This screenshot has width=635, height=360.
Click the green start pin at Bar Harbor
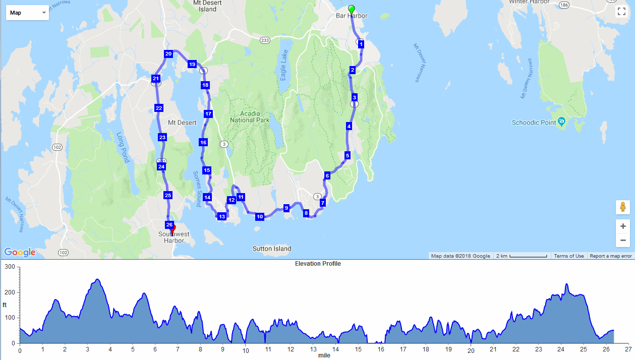coord(352,10)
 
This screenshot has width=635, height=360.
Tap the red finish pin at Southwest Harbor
coord(172,229)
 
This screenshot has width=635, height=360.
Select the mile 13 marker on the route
coord(221,217)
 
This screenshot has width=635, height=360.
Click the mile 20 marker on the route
coord(168,54)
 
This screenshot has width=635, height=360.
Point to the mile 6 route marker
coord(327,176)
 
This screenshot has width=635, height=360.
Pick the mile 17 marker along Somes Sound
coord(208,114)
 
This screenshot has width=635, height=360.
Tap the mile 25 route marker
coord(168,195)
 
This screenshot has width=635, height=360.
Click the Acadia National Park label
coord(250,116)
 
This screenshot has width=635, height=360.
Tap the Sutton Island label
coord(272,249)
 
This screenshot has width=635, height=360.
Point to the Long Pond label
coord(123,147)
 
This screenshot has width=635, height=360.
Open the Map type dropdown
coord(27,13)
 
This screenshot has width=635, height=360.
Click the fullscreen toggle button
coord(621,12)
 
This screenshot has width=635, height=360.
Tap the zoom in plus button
coord(623,226)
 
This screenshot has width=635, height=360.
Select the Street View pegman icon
coord(623,207)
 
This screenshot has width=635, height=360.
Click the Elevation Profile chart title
coord(318,264)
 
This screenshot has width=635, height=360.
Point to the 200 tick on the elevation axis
coord(10,292)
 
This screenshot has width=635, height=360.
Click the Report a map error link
coord(610,256)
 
